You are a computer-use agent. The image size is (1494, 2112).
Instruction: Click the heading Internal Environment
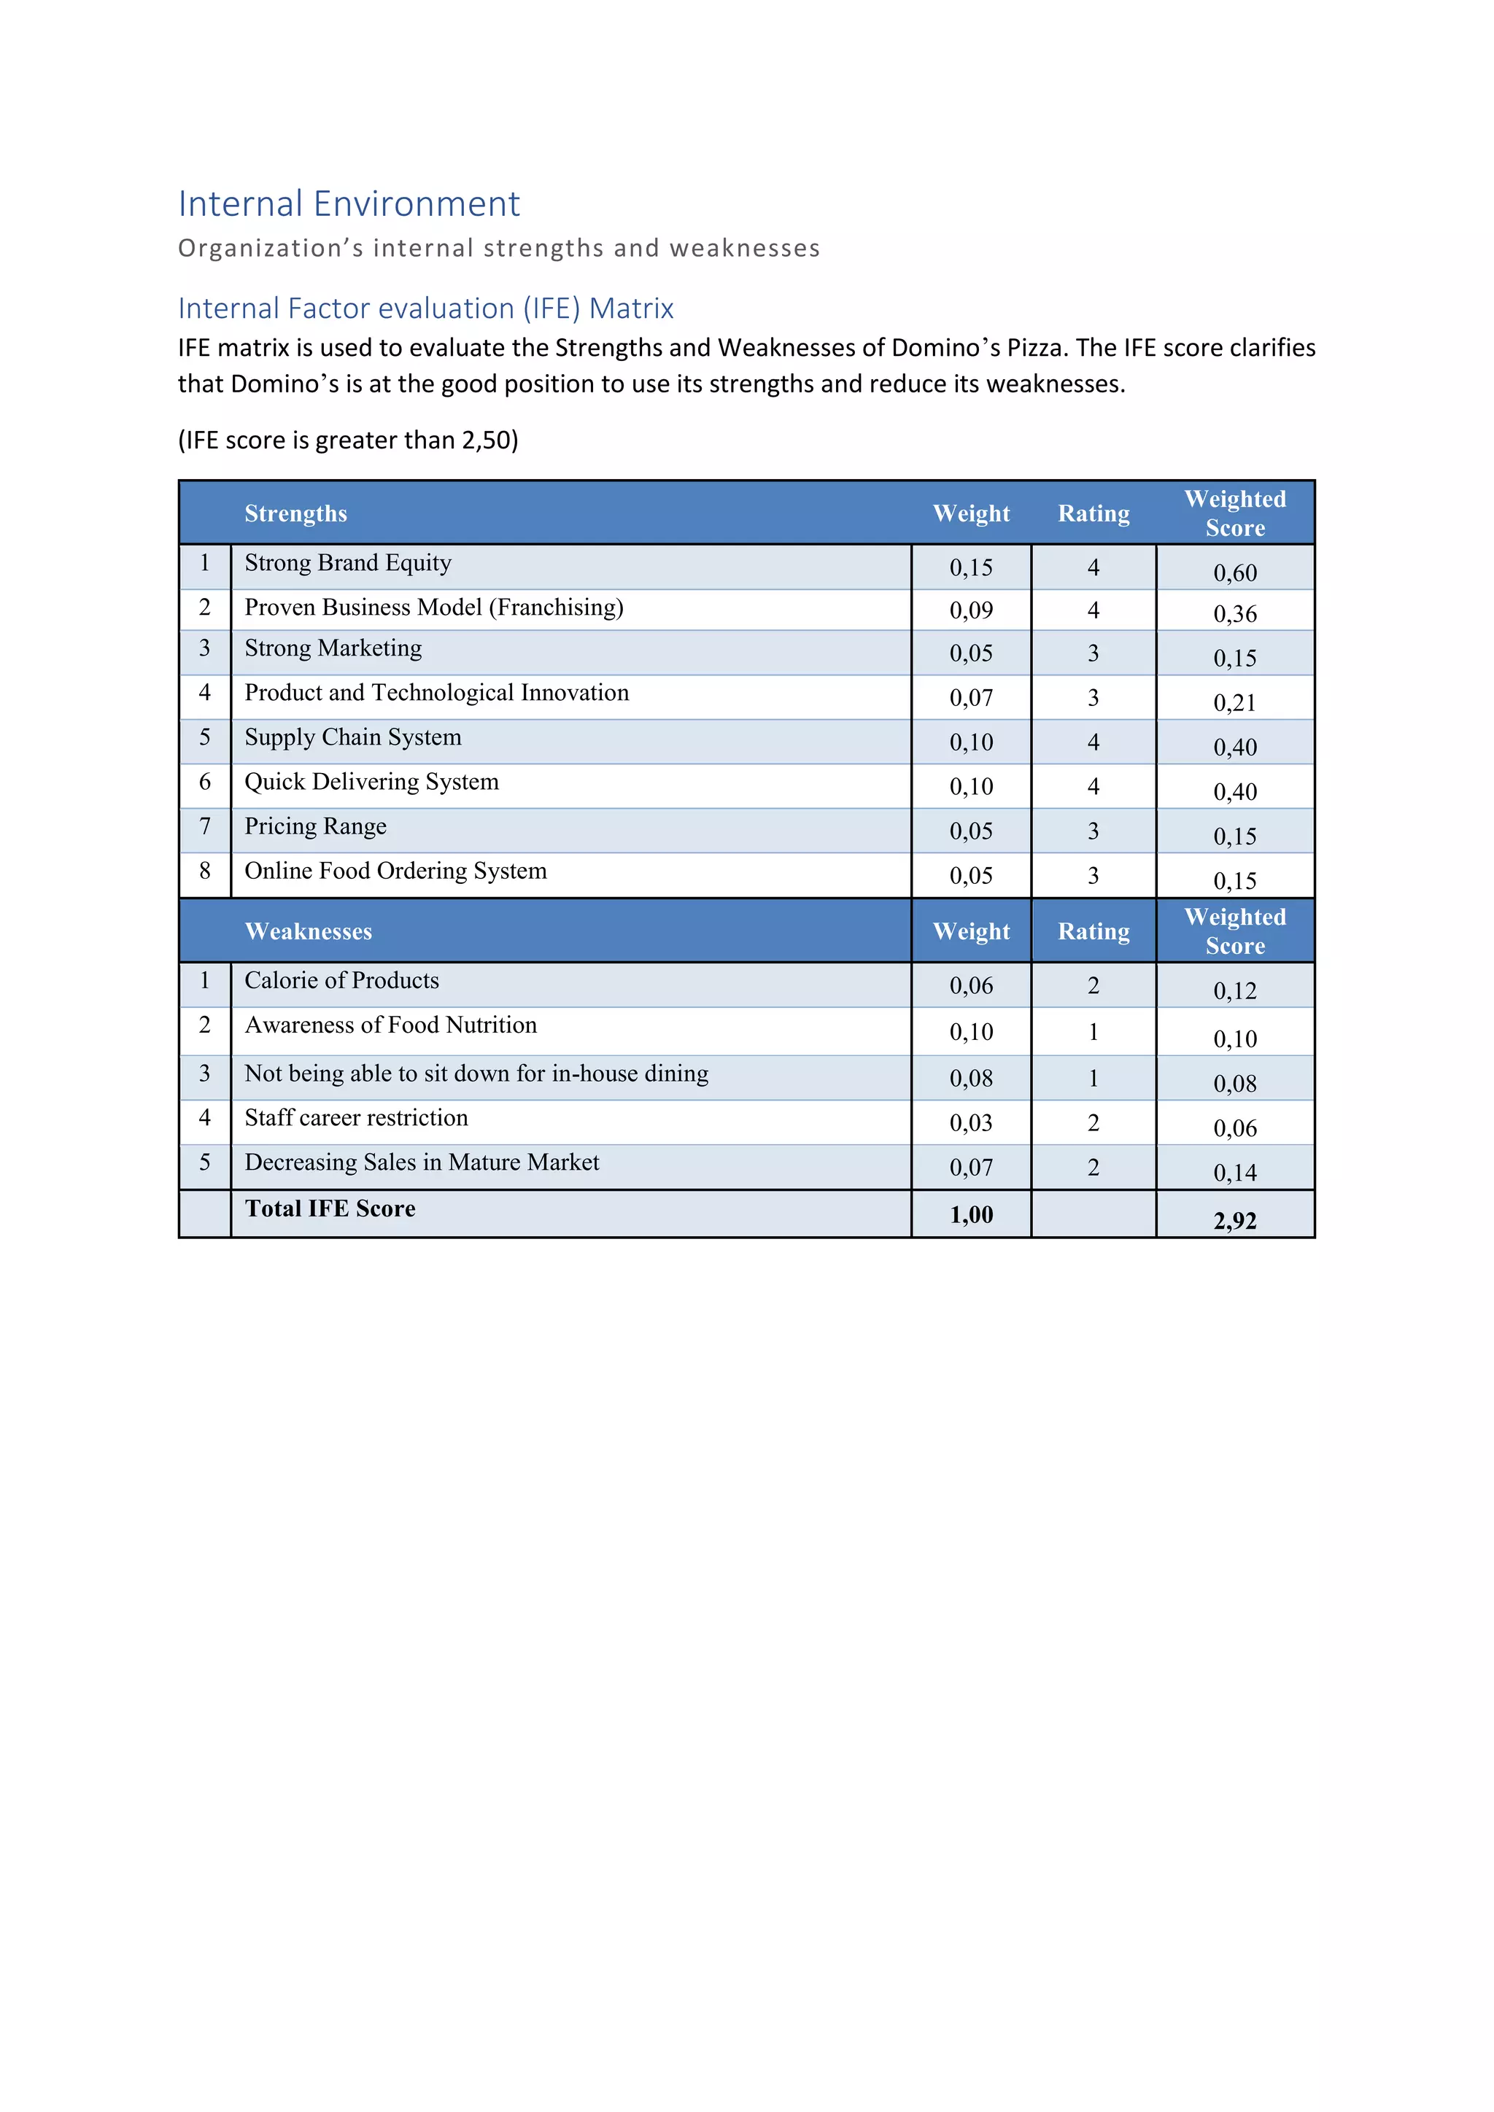click(349, 204)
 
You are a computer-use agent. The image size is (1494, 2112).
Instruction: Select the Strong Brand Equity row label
click(348, 563)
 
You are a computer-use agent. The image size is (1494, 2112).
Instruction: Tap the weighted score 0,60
click(1234, 573)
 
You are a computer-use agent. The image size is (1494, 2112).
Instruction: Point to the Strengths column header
click(295, 513)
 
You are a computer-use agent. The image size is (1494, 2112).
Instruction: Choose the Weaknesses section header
click(308, 932)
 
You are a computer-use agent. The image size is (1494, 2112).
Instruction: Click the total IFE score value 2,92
click(1234, 1221)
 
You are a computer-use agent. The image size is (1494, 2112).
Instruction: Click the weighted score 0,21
click(1234, 703)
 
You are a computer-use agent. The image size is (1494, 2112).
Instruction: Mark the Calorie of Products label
click(341, 981)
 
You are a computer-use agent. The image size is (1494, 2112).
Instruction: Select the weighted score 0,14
click(1234, 1173)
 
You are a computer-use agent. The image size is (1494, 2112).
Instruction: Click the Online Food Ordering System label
click(395, 871)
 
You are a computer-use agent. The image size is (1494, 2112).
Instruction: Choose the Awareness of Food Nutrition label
click(390, 1025)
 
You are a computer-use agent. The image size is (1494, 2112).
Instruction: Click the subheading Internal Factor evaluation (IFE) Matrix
click(425, 308)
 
